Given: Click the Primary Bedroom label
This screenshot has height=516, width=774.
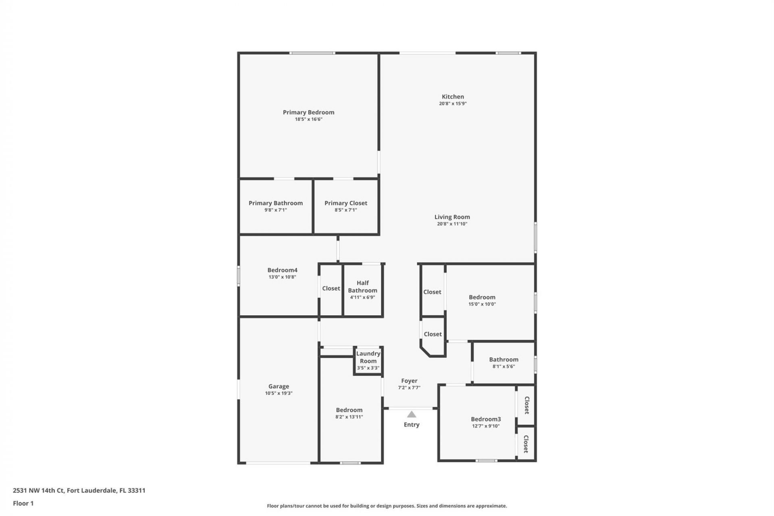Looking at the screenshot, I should [308, 112].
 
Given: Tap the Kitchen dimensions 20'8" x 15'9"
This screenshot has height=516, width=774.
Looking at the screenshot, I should [453, 104].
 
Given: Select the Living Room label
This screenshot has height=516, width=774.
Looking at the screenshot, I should [452, 217].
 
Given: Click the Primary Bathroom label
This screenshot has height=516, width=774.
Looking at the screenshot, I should [275, 203].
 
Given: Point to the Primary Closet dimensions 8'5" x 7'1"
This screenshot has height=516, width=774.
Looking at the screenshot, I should [345, 210].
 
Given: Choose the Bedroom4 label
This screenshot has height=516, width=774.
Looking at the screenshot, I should [282, 270].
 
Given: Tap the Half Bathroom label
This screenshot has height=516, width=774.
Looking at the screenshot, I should [362, 287].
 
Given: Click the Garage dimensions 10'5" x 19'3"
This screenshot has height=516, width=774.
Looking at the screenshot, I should [279, 393].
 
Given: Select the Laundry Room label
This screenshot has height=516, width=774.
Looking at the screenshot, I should [368, 357].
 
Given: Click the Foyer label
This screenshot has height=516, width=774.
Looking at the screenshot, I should [409, 381].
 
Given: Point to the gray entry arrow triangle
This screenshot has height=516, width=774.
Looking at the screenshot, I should [411, 414].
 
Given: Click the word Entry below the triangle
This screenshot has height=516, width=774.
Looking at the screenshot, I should [411, 424].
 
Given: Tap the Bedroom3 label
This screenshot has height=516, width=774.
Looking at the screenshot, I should [486, 419].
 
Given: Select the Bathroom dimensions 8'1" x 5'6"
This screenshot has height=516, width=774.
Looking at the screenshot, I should [504, 366].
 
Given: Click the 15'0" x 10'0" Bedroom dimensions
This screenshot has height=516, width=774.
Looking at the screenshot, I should [482, 304].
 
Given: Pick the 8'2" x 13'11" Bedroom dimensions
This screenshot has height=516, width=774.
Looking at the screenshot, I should [349, 417].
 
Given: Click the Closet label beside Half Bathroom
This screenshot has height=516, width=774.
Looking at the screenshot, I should [331, 288].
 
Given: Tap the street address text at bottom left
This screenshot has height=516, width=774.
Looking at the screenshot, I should [79, 491].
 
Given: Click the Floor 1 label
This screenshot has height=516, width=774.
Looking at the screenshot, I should [23, 503].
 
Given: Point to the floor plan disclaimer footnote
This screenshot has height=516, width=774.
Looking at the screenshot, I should [387, 506].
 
